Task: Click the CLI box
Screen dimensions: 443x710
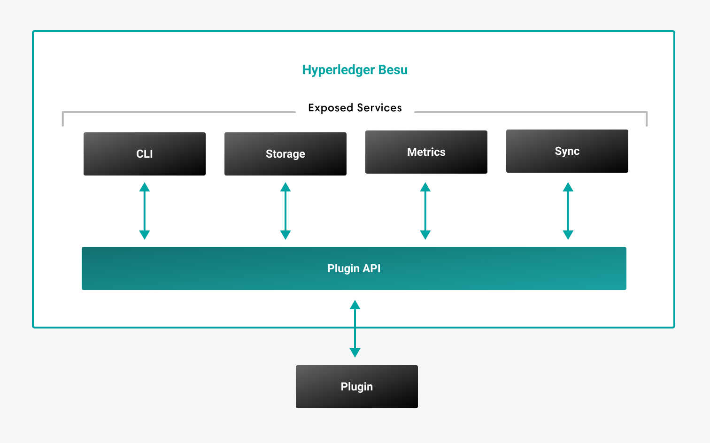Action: tap(145, 154)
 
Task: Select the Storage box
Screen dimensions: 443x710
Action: tap(286, 154)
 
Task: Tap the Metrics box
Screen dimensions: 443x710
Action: tap(426, 152)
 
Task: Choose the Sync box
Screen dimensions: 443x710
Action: tap(567, 151)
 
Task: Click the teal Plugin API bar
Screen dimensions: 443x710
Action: tap(354, 268)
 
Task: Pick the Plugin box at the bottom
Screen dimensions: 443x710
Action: tap(357, 387)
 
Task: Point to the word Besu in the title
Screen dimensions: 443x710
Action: tap(393, 70)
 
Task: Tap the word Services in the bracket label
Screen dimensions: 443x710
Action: tap(379, 108)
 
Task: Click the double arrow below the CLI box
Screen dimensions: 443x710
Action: tap(145, 211)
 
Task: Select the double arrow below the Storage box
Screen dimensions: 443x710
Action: tap(286, 211)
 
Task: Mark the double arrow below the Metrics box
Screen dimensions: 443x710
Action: tap(425, 211)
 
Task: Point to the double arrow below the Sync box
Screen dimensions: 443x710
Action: tap(568, 211)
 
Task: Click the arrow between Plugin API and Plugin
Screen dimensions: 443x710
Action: tap(355, 328)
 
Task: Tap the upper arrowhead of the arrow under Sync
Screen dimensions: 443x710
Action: tap(568, 187)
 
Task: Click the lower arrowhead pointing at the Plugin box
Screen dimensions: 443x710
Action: tap(355, 352)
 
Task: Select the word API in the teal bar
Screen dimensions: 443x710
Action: tap(371, 268)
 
